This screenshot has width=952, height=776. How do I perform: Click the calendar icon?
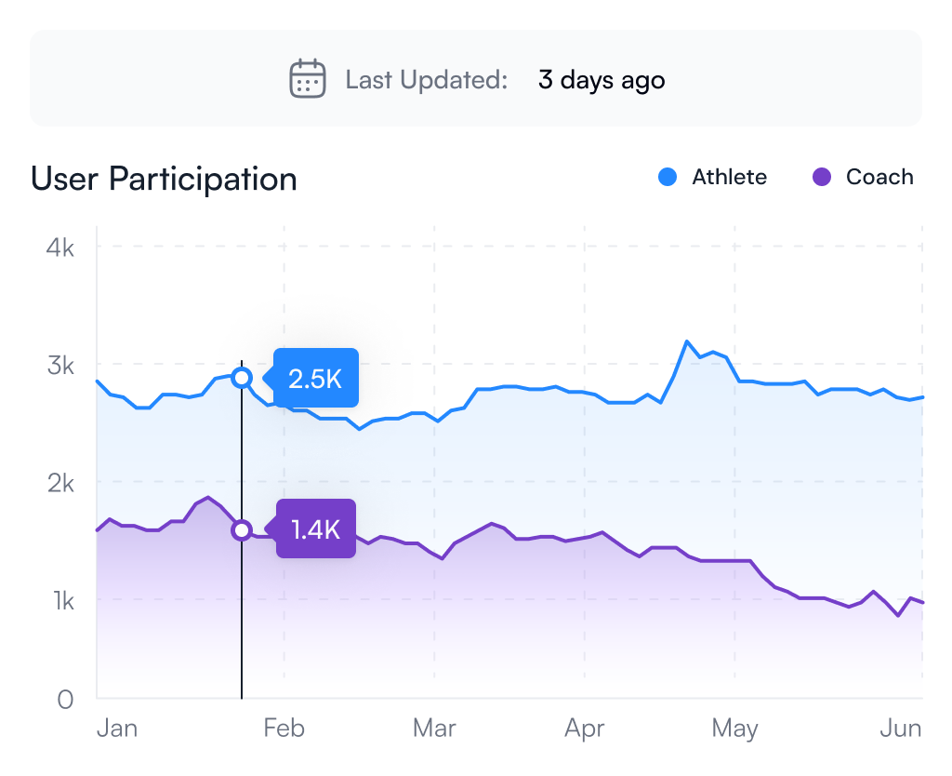tap(307, 78)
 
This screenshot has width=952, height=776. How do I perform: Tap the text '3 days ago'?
tap(602, 80)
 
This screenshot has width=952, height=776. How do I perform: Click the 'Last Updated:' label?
tap(426, 80)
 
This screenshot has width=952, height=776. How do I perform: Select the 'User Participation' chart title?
tap(164, 179)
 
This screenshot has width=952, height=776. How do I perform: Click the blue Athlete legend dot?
tap(668, 177)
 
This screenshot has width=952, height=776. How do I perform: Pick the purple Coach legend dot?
tap(822, 177)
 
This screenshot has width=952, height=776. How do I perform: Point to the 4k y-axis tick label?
tap(60, 248)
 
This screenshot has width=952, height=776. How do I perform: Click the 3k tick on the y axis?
tap(60, 366)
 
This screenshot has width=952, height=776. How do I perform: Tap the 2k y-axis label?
tap(60, 484)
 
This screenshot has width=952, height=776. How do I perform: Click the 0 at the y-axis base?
tap(66, 700)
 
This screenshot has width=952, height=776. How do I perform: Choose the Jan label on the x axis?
tap(117, 728)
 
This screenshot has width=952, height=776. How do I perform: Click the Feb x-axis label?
tap(284, 728)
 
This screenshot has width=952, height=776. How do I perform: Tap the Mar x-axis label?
tap(434, 728)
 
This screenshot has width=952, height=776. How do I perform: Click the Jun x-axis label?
tap(901, 728)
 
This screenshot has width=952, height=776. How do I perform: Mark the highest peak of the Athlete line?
tap(687, 341)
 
